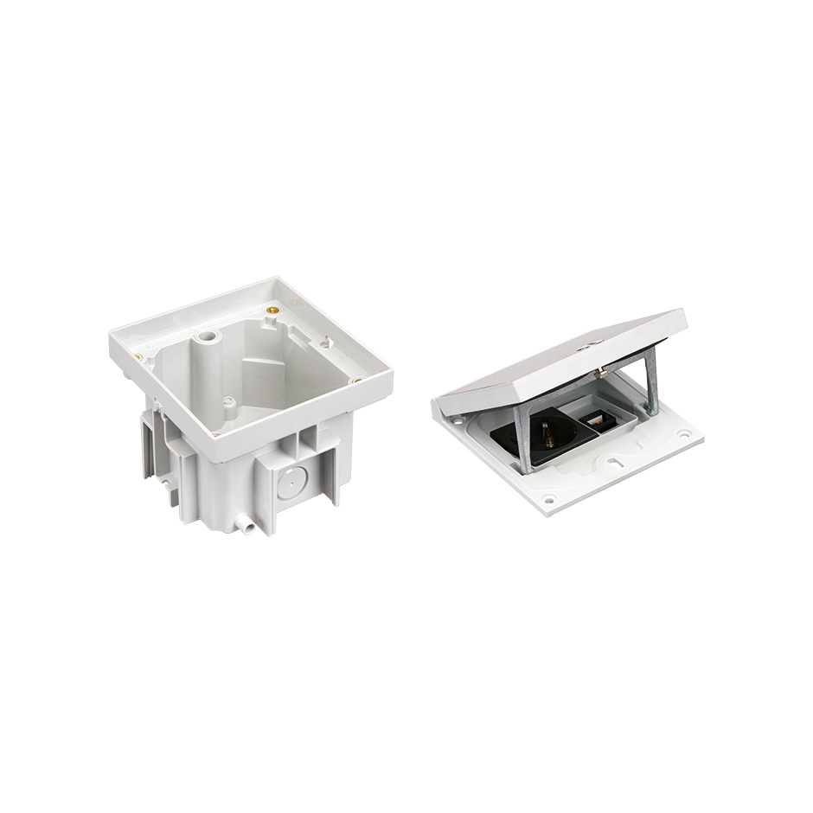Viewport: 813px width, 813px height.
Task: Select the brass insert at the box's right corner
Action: pyautogui.click(x=357, y=379)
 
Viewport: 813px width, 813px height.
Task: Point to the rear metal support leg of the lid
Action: pyautogui.click(x=650, y=381)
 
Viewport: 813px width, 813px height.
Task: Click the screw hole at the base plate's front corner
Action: pyautogui.click(x=548, y=499)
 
